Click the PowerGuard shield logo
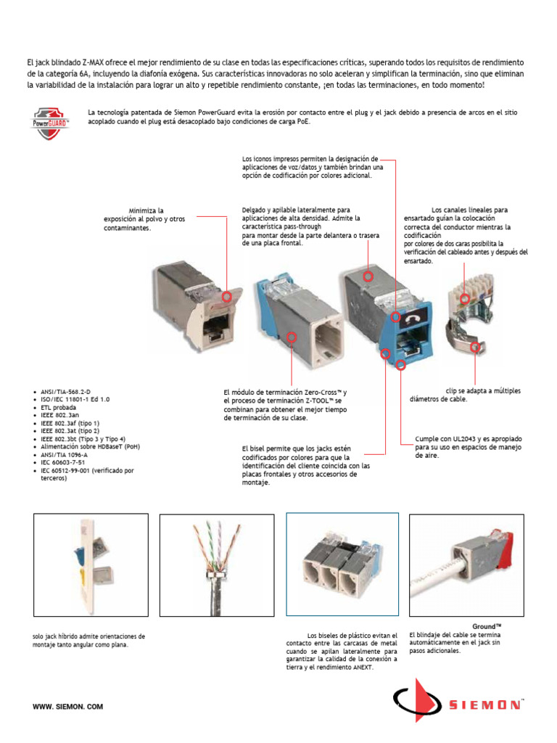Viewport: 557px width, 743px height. coord(51,123)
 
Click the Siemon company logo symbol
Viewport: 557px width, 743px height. coord(416,700)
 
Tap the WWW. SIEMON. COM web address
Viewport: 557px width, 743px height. coord(68,706)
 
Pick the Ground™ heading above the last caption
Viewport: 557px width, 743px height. coord(487,625)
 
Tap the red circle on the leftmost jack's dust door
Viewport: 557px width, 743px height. coord(226,296)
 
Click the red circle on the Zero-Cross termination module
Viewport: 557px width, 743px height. coord(292,337)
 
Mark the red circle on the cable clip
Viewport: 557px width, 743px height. coord(475,348)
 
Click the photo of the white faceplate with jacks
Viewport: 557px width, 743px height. coord(91,560)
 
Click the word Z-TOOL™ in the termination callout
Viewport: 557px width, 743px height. coord(318,401)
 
